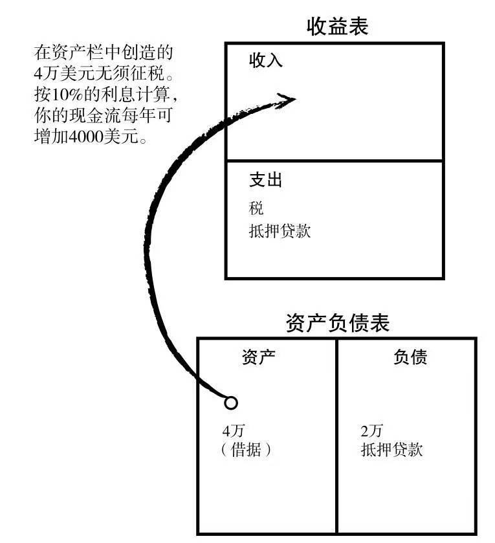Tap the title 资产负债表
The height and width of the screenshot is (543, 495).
click(337, 322)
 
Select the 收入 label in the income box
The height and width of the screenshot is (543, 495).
click(266, 61)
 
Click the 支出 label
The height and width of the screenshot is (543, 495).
click(265, 181)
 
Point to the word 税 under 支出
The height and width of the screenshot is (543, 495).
click(256, 208)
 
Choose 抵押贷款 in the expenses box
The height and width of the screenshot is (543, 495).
click(280, 231)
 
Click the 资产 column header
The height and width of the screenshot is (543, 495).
click(258, 358)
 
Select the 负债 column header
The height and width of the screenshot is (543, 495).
click(410, 358)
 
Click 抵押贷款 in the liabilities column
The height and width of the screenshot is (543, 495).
click(391, 450)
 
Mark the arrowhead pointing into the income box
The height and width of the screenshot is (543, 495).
click(285, 99)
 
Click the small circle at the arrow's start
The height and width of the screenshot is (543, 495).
click(230, 403)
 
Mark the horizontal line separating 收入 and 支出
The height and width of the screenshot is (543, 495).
click(335, 160)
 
